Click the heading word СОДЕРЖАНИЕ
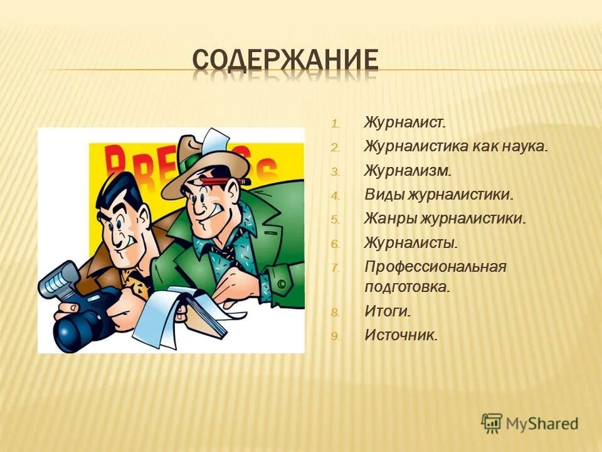click(285, 60)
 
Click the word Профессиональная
click(435, 267)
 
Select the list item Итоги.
click(388, 311)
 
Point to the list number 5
click(335, 220)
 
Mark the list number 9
click(335, 336)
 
